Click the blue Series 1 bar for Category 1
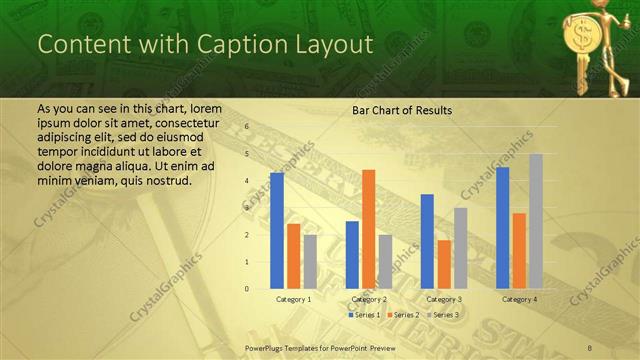(277, 230)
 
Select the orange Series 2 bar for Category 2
(369, 229)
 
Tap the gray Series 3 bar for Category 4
(536, 221)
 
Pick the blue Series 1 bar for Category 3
(427, 241)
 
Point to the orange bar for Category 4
(519, 251)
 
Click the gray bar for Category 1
(311, 262)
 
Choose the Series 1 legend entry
(364, 315)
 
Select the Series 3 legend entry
(444, 315)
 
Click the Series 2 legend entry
(404, 315)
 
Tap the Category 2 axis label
(370, 299)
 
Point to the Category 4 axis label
(520, 299)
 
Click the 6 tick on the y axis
(247, 128)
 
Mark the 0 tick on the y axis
(247, 289)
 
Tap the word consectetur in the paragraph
(186, 121)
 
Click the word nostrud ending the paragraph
(161, 181)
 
